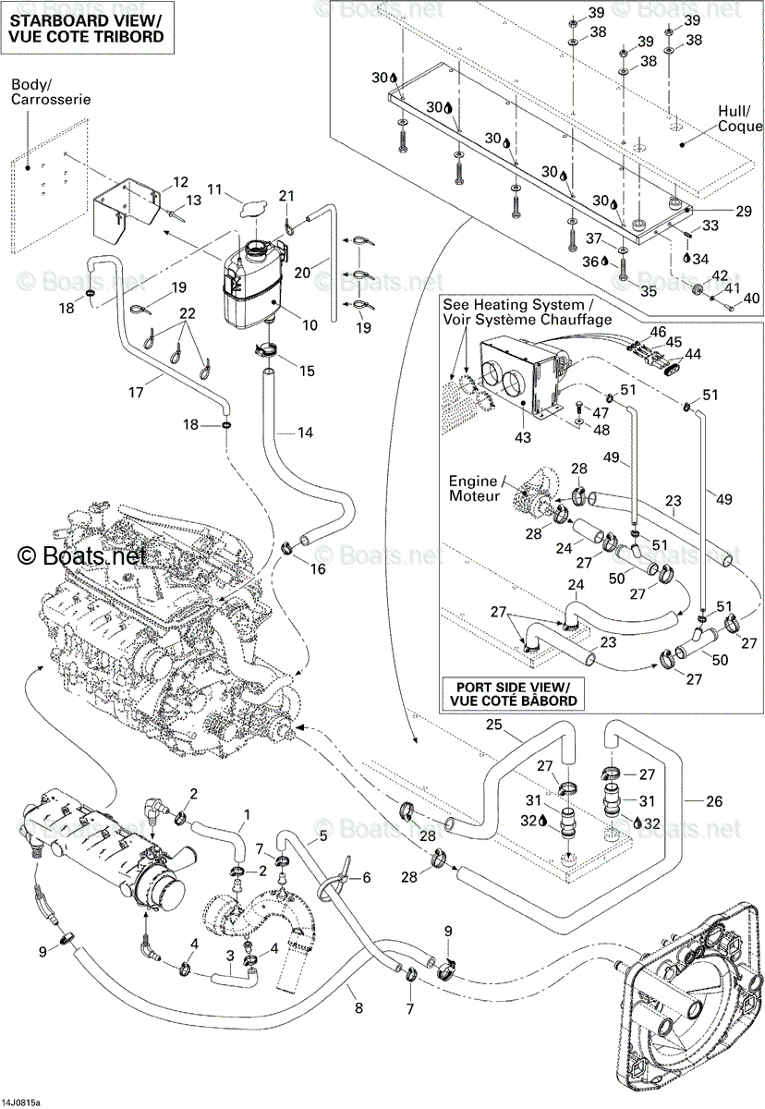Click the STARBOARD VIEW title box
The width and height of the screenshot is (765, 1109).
coord(87,28)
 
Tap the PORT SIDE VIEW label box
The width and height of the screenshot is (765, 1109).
coord(513,694)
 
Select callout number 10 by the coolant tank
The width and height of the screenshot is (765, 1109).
coord(310,325)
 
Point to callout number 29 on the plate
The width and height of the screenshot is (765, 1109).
coord(744,212)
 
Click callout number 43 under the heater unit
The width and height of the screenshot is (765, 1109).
coord(523,437)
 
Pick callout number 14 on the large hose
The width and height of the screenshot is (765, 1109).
coord(305,433)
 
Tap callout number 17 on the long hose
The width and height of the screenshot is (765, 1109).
coord(136,392)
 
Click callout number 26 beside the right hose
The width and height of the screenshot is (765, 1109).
coord(714,800)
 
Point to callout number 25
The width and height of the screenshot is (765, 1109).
coord(494,725)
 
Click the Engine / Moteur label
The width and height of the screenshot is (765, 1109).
coord(474,488)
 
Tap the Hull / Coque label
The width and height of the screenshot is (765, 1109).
coord(740,118)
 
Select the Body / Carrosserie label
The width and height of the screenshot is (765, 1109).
coord(51,91)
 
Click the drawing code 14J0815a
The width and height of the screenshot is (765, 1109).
coord(20,1103)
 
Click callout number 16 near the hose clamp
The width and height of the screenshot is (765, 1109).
coord(318,569)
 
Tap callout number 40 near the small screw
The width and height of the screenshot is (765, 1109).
coord(751,298)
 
